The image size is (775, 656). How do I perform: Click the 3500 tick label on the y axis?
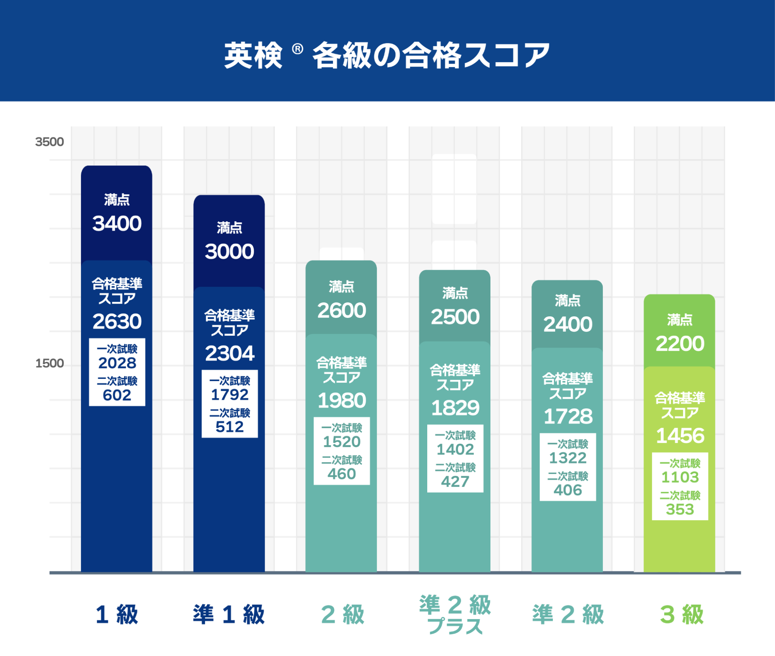pos(49,142)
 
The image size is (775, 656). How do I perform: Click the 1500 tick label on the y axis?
pos(49,363)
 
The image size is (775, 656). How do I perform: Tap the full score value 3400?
pos(117,224)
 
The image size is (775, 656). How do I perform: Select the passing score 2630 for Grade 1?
pos(117,321)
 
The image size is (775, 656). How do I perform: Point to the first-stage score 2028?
pos(117,363)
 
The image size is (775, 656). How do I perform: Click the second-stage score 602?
pos(117,395)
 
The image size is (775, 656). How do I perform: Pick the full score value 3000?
pos(230,252)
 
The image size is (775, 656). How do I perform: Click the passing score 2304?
pos(230,353)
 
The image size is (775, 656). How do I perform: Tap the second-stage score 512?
pos(230,427)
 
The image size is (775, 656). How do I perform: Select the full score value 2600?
pos(342,311)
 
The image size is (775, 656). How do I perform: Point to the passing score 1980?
pos(342,401)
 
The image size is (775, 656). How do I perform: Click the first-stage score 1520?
pos(342,442)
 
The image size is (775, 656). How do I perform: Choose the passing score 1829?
pos(455,408)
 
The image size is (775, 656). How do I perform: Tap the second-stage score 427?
pos(455,482)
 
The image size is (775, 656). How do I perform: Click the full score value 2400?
pos(568,325)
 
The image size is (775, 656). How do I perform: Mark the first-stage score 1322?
pos(568,458)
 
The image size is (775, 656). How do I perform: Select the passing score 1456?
pos(680,436)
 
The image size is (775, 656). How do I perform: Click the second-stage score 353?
pos(680,509)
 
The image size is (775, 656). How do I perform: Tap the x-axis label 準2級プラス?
pos(455,615)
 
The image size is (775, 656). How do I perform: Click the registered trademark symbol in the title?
pos(297,49)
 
